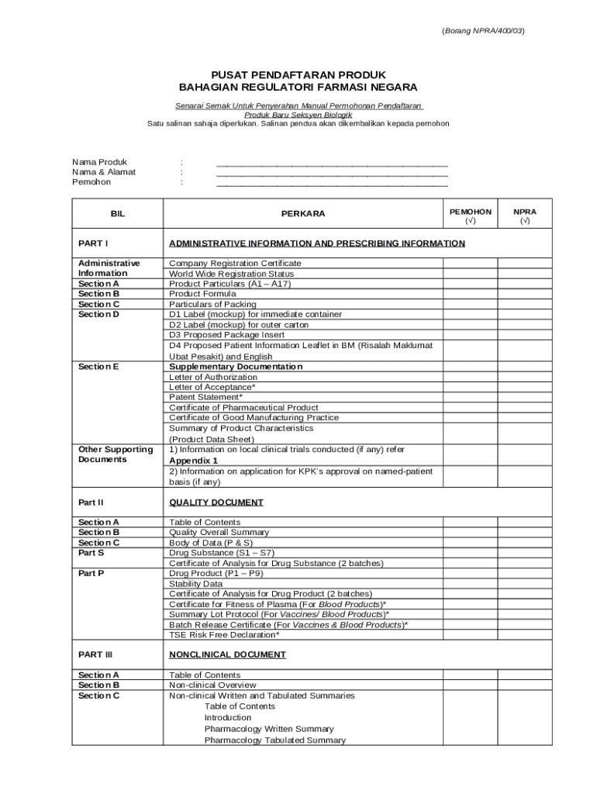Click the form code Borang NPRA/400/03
(x=483, y=31)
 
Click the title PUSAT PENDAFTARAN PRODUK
(x=298, y=74)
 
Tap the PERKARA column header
(x=303, y=213)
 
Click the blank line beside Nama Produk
(x=332, y=163)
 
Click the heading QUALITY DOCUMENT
(x=216, y=502)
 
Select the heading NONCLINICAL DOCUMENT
(x=227, y=654)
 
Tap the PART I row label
(x=93, y=243)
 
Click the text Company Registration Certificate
(x=235, y=264)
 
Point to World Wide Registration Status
(x=231, y=274)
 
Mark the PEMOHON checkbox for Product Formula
(x=470, y=294)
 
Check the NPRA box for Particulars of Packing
(x=524, y=304)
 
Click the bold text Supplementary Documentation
(x=236, y=366)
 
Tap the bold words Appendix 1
(x=193, y=461)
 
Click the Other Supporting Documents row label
(x=116, y=454)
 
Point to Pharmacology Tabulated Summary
(x=274, y=740)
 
